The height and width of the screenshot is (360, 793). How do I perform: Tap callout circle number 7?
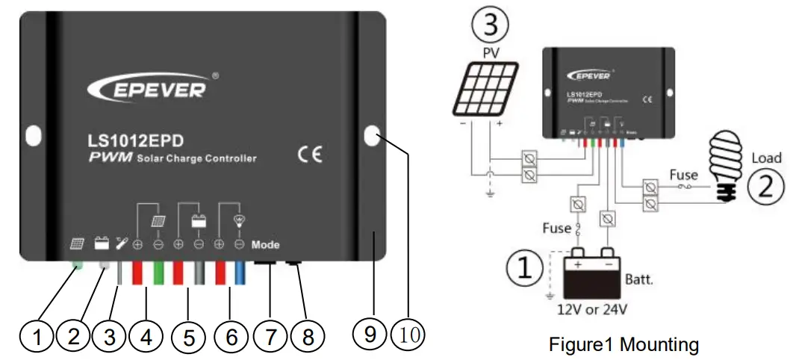pos(270,337)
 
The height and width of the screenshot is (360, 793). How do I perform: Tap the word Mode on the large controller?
pos(265,244)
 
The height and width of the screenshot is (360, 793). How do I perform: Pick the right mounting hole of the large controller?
pos(372,135)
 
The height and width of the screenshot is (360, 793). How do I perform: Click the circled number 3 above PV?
pos(490,25)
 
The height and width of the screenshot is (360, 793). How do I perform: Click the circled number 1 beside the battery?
pos(526,268)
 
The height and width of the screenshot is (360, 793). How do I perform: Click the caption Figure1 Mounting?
pos(623,345)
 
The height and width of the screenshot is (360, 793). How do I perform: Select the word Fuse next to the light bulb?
pos(683,175)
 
